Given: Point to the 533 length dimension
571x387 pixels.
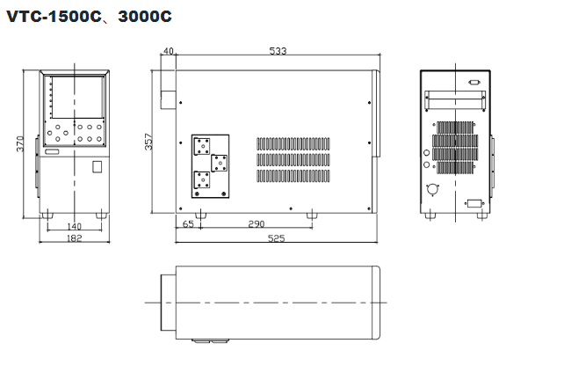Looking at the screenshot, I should (278, 51).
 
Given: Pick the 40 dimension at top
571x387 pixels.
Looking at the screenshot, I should (168, 51).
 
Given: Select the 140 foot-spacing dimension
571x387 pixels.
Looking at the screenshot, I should (75, 226).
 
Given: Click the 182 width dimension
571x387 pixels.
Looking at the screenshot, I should (75, 238).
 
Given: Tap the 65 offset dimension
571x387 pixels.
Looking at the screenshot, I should (188, 226).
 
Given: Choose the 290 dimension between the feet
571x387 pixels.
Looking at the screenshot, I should (257, 226).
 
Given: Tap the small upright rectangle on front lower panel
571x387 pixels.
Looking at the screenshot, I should (98, 165).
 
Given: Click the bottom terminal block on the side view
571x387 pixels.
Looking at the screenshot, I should (202, 179).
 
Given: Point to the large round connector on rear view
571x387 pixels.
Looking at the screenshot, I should (432, 190).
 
